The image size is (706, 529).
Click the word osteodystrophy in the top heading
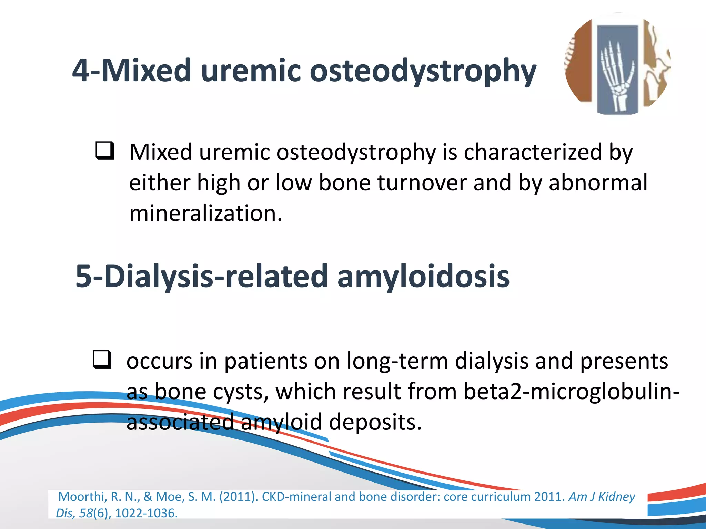(x=423, y=71)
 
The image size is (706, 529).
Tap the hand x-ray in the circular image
(x=617, y=74)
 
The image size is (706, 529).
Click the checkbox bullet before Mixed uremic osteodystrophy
(x=105, y=151)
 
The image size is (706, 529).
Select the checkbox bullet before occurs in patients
(x=102, y=360)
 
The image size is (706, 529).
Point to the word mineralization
(x=206, y=213)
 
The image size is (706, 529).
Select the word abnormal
(x=598, y=183)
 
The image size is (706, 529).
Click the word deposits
(x=375, y=422)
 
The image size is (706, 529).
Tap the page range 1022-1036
(x=146, y=513)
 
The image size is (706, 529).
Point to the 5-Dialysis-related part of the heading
(x=201, y=276)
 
